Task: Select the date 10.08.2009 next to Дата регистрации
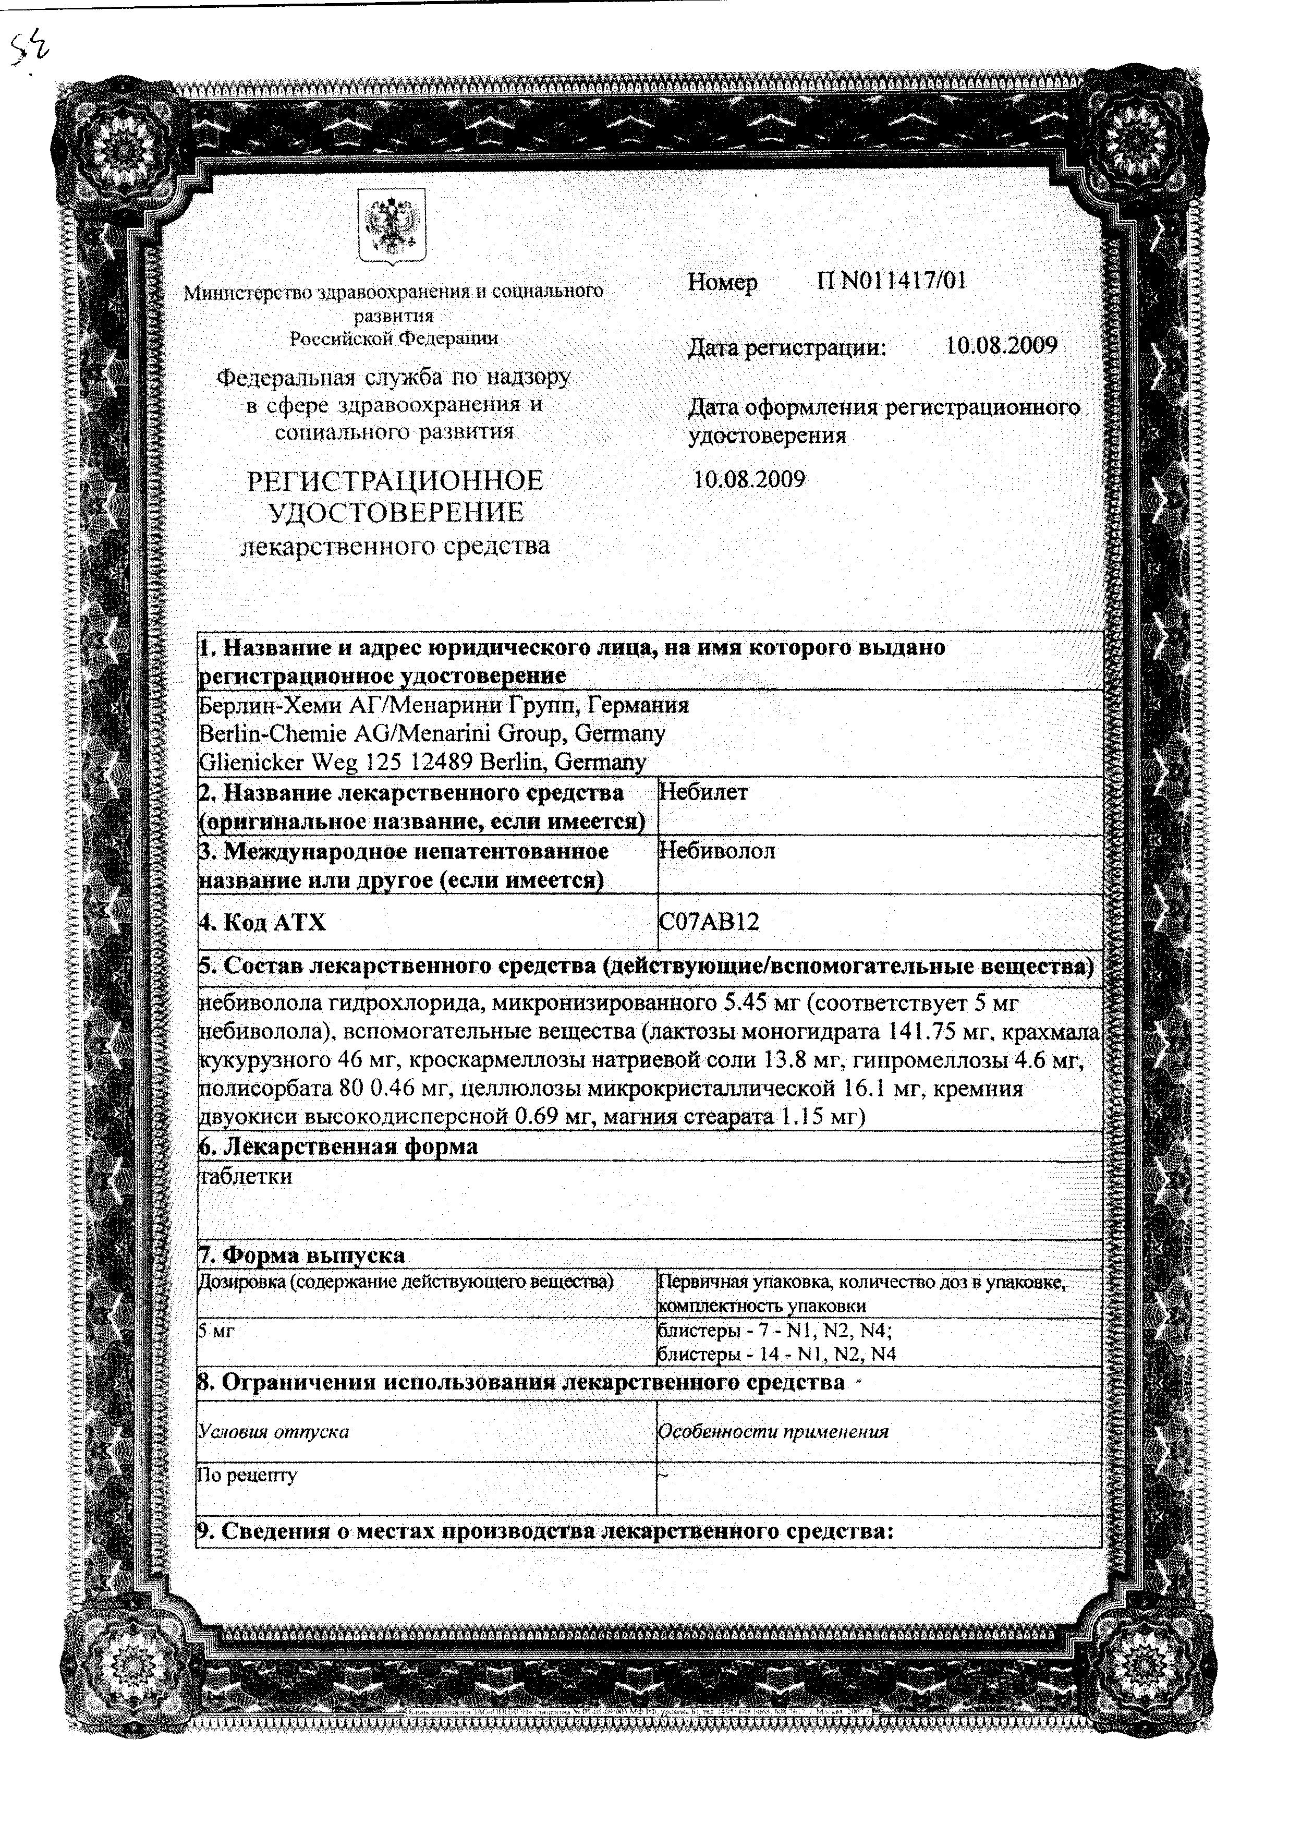(x=1001, y=346)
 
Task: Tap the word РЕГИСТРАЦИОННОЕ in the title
(x=395, y=480)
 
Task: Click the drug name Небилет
(x=703, y=792)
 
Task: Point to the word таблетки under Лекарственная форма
(x=246, y=1176)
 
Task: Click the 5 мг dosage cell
(x=216, y=1332)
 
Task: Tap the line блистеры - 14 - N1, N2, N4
(x=775, y=1354)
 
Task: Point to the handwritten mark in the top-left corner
(x=30, y=52)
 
